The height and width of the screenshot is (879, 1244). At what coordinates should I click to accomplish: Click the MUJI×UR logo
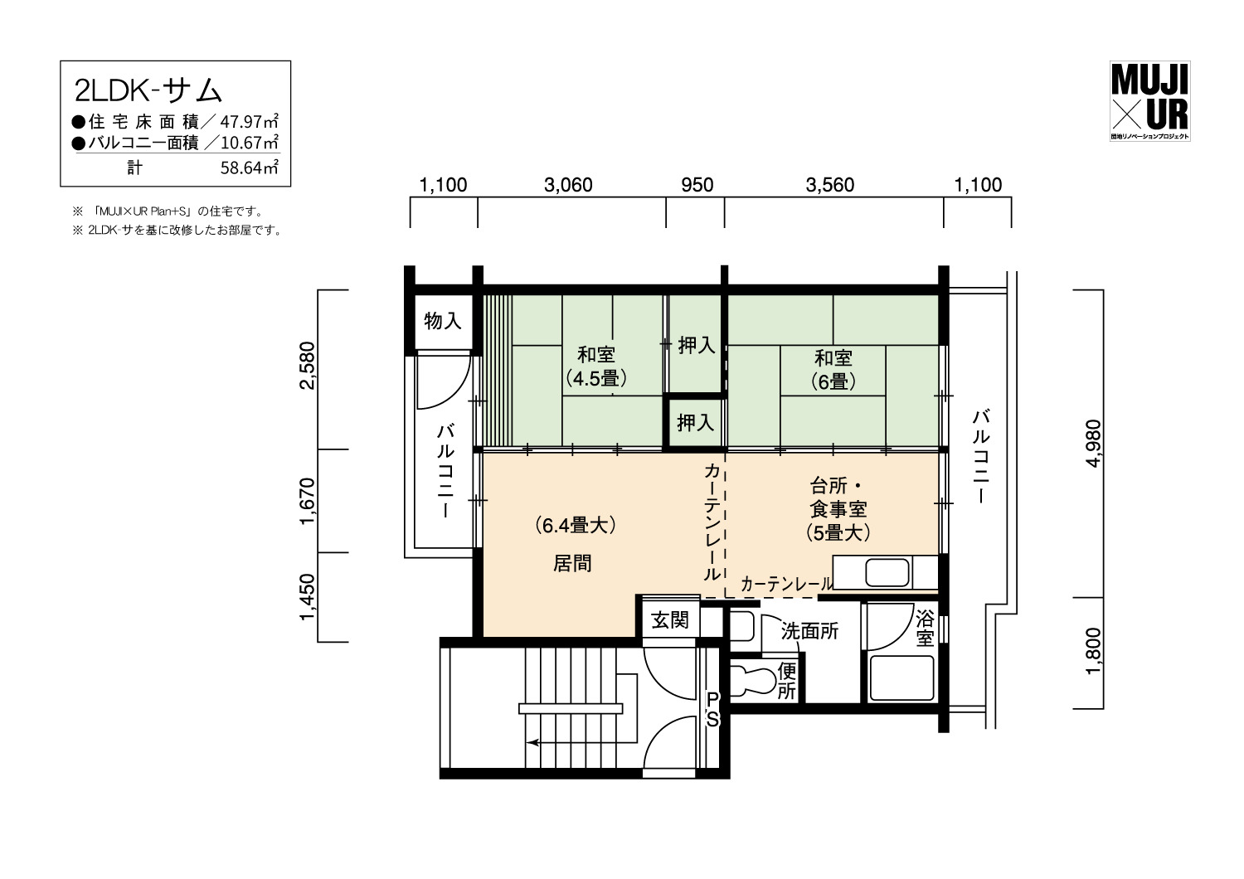(x=1149, y=100)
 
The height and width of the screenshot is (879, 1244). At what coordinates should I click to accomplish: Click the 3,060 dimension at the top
(x=568, y=185)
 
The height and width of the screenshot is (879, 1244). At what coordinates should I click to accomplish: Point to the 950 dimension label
(x=697, y=185)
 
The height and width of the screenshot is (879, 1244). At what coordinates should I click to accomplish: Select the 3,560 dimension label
(x=829, y=185)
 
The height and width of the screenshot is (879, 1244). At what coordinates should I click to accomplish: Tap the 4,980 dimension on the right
(x=1092, y=443)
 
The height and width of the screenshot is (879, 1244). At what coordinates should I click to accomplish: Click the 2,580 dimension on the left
(x=307, y=365)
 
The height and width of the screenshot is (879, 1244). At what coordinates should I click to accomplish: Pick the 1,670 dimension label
(x=307, y=500)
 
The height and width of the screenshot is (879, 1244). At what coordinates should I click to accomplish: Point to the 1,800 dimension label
(x=1092, y=651)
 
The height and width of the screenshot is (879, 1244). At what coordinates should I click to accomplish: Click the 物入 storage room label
(x=443, y=321)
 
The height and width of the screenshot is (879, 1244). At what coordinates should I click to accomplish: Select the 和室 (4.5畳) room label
(x=596, y=367)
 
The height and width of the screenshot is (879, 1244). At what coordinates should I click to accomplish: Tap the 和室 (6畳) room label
(x=833, y=370)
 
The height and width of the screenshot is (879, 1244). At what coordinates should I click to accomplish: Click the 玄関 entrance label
(x=670, y=620)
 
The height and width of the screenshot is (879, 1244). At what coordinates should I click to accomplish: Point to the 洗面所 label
(x=809, y=631)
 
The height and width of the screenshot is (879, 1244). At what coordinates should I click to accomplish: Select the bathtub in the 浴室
(x=901, y=678)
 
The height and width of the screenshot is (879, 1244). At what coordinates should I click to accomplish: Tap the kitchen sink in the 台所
(x=887, y=572)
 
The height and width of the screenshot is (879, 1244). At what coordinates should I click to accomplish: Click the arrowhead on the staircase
(x=532, y=742)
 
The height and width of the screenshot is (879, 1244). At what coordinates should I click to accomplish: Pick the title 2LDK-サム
(x=148, y=91)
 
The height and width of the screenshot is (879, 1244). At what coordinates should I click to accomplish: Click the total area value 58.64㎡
(x=249, y=168)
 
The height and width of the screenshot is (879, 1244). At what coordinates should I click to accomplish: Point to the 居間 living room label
(x=572, y=564)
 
